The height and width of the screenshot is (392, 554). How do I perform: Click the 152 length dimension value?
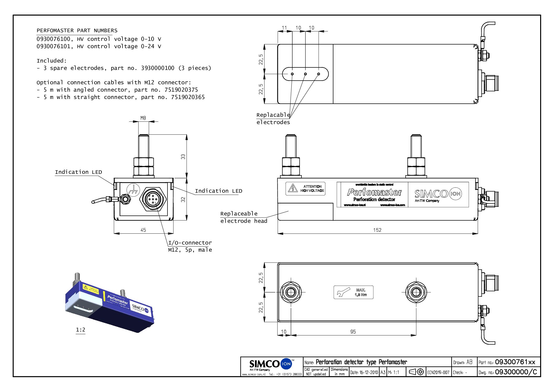pos(377,230)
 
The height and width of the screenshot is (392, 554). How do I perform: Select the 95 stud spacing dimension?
pos(353,332)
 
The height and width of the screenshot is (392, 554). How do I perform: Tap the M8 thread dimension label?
pos(143,118)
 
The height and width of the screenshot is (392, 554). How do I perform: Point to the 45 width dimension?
pos(143,230)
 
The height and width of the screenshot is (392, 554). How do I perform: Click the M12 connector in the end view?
pos(153,200)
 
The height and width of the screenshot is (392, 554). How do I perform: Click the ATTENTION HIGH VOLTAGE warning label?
pos(305,189)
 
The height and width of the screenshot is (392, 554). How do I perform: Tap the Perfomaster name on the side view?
pos(374,192)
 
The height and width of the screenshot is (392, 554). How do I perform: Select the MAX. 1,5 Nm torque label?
pos(354,292)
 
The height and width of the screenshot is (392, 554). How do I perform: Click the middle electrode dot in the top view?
pos(305,74)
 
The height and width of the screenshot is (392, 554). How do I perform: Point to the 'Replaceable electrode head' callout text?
pos(244,217)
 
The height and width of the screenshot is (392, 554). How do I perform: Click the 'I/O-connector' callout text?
pos(190,243)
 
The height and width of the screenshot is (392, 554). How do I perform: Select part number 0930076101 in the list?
pos(53,46)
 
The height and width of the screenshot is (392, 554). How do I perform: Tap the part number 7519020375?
pos(181,90)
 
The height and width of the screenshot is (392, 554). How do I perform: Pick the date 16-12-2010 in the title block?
pos(364,372)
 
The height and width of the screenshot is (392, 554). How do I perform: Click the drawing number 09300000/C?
pos(516,372)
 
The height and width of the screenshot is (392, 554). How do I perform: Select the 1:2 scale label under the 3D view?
pos(81,330)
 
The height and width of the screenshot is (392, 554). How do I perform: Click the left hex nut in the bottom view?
pos(291,292)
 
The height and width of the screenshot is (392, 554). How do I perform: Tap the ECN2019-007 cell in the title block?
pos(438,372)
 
